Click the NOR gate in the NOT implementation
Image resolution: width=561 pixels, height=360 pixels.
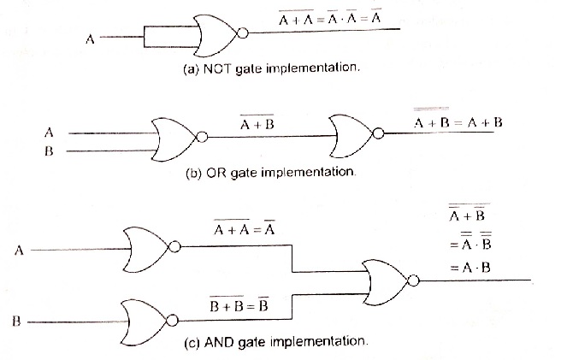click(218, 34)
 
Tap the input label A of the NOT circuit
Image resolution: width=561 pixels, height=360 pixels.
click(91, 38)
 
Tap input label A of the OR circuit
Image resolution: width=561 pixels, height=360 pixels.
click(49, 133)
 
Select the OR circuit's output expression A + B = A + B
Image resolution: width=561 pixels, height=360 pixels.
click(458, 123)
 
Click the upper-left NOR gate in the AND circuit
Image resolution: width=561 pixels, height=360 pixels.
click(146, 247)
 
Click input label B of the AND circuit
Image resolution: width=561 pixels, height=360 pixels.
click(16, 322)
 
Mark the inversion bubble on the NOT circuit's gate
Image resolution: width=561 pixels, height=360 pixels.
click(244, 34)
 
